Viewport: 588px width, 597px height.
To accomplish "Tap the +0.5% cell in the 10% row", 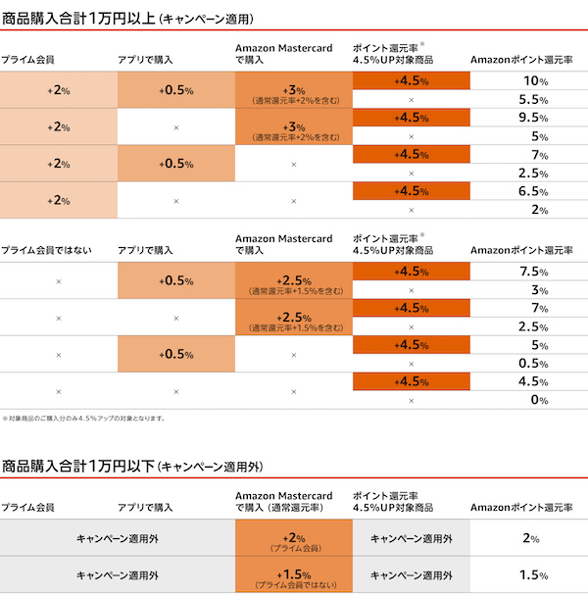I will pos(176,90).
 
